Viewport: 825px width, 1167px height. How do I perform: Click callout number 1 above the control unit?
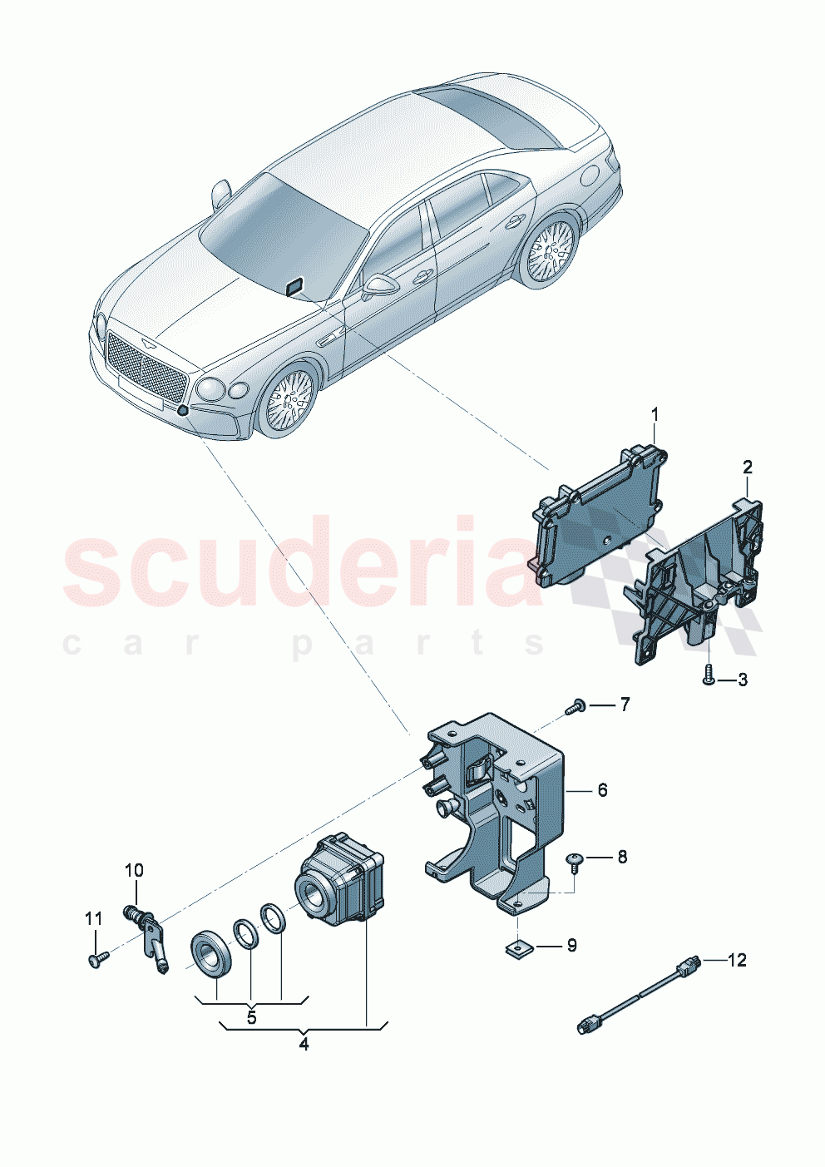coord(655,413)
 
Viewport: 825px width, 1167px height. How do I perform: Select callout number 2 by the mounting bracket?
coord(748,467)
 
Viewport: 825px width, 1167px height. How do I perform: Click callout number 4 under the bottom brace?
coord(304,1043)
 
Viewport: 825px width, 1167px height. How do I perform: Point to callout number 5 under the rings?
coord(251,1016)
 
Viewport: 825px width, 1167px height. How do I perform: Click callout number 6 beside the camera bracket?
coord(602,789)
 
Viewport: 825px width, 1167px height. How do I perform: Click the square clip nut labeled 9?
coord(518,947)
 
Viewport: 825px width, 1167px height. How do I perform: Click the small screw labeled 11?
coord(96,960)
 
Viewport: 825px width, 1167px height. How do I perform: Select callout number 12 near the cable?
coord(737,960)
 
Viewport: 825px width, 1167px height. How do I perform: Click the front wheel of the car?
coord(288,400)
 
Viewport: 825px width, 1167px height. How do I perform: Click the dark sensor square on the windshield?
coord(294,287)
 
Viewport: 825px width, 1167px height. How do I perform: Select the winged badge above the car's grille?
coord(147,342)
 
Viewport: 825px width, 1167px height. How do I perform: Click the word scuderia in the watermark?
coord(299,566)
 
